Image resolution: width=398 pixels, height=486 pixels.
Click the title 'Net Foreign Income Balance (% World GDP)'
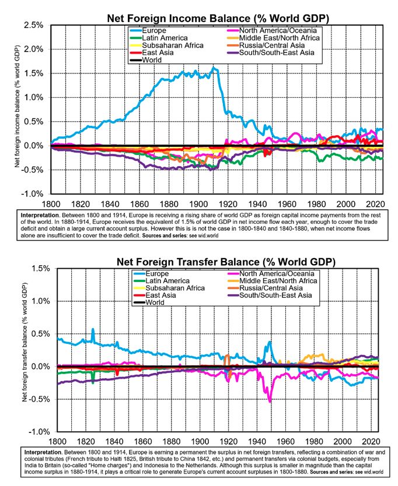coord(218,18)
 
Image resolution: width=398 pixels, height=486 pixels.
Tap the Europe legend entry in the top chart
coord(154,30)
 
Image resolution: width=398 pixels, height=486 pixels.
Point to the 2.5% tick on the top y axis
coord(33,26)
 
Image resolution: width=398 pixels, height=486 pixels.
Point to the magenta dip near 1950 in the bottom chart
coord(270,401)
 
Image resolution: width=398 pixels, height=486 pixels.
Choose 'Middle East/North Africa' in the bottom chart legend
coord(285,281)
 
